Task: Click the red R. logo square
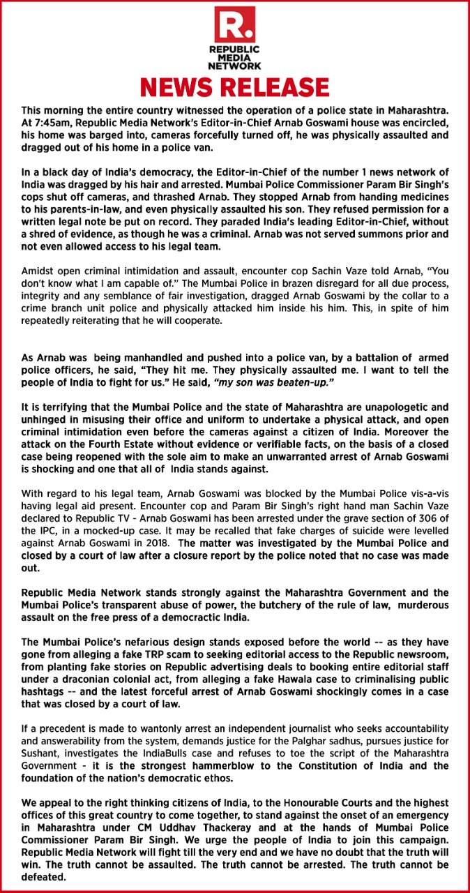(x=235, y=26)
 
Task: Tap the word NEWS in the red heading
(x=182, y=87)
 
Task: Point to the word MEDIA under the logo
(x=235, y=59)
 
